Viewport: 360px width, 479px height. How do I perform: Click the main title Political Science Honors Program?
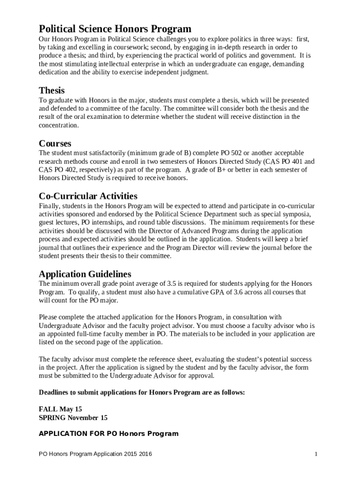[115, 29]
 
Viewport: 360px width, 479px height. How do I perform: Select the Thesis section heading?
[51, 90]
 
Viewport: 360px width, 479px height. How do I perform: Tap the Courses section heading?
[55, 143]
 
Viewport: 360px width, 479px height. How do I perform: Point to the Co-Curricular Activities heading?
[88, 196]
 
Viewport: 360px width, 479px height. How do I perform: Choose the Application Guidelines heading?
[85, 274]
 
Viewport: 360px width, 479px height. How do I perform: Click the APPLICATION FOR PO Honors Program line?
[108, 434]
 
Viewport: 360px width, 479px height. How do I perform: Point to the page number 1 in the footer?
[317, 454]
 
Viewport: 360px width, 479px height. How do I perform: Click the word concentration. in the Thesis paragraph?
[59, 125]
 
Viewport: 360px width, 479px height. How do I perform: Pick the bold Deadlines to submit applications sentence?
[142, 392]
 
